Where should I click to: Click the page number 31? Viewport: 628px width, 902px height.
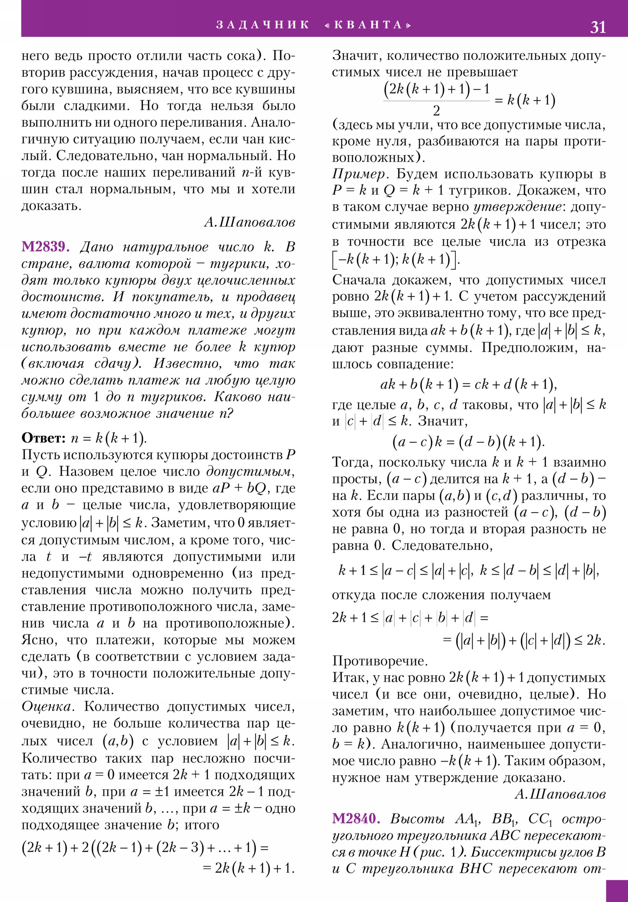(x=597, y=27)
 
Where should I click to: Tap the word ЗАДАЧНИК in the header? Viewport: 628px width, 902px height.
(x=263, y=25)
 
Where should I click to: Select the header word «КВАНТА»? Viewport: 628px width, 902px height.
(x=368, y=25)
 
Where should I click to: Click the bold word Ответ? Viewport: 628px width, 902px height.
(x=43, y=438)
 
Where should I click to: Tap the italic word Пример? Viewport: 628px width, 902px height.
(x=361, y=174)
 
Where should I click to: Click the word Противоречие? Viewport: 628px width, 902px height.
(x=380, y=661)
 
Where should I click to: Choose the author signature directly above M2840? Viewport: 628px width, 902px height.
(x=560, y=795)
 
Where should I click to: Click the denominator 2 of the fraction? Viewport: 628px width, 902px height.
(x=436, y=111)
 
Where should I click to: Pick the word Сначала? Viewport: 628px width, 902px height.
(x=358, y=280)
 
